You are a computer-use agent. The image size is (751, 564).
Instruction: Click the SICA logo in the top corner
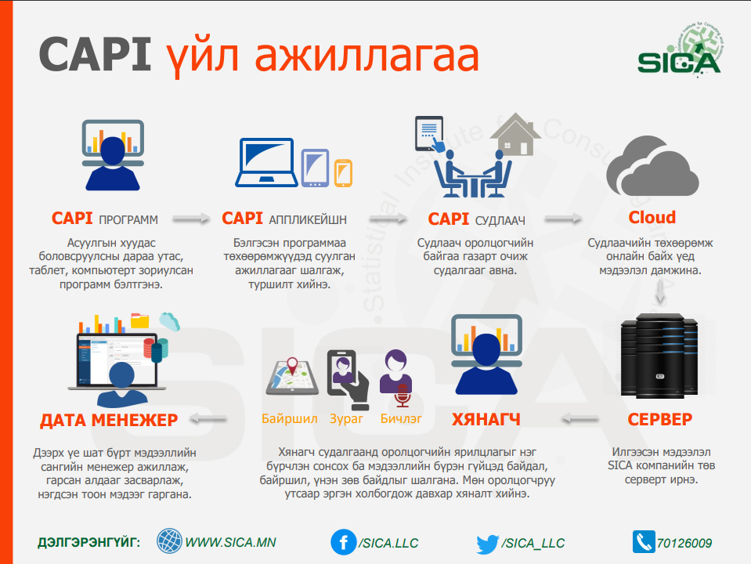pos(680,52)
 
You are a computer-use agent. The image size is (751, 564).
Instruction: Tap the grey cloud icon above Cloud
pos(652,166)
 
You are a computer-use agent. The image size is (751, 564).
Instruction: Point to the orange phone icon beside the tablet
pos(343,172)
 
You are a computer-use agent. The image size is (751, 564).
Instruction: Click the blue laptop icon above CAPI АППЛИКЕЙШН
pos(266,162)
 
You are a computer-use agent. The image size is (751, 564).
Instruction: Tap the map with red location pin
pos(292,377)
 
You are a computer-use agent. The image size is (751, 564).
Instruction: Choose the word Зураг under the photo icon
pos(346,419)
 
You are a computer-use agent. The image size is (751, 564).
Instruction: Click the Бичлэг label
pos(401,419)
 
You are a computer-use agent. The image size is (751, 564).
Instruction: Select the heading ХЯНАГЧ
pos(486,420)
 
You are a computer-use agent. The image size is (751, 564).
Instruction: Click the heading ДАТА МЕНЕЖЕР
pos(109,420)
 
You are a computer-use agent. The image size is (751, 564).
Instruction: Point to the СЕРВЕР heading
pos(660,419)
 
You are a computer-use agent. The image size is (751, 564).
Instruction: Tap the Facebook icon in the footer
pos(344,542)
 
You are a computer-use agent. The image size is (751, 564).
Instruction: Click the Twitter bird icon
pos(488,544)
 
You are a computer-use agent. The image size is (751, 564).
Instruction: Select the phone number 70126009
pos(684,543)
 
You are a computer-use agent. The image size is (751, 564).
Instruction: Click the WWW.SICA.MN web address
pos(230,542)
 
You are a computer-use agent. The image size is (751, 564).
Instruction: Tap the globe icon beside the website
pos(169,541)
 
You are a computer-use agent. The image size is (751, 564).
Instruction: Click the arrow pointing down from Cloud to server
pos(660,291)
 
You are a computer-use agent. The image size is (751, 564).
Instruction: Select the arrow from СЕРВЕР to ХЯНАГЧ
pos(579,419)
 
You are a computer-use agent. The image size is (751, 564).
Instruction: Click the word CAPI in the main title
pos(95,55)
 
